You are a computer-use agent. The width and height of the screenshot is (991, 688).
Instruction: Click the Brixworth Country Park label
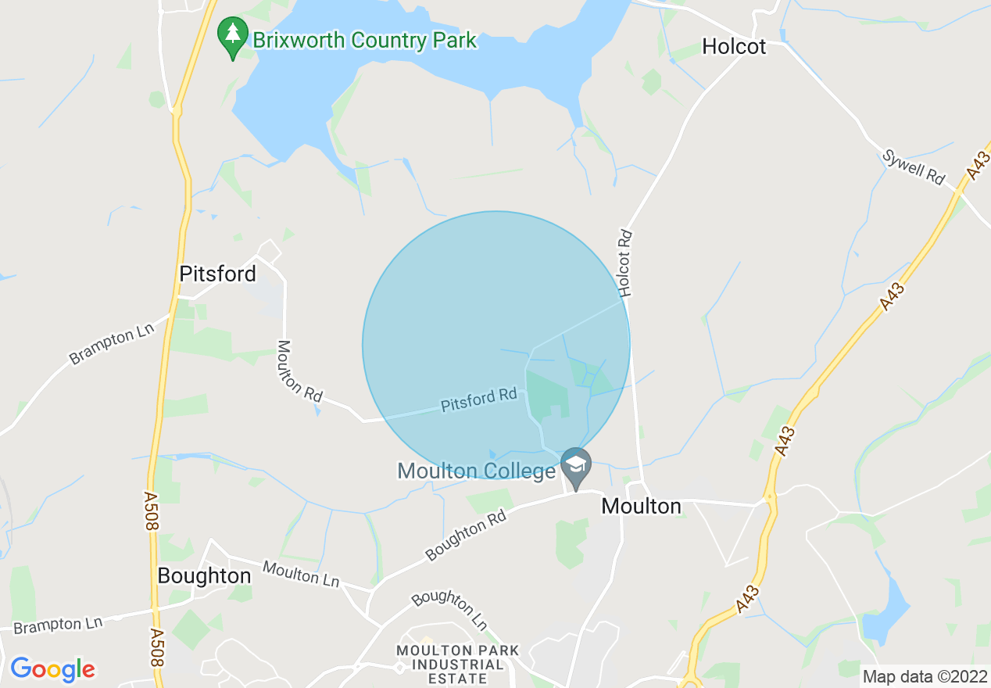tap(364, 41)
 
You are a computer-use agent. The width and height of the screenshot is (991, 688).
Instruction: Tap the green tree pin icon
tap(233, 36)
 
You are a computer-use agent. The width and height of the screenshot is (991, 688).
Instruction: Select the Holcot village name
tap(734, 47)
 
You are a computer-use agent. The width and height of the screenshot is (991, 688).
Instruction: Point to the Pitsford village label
tap(217, 274)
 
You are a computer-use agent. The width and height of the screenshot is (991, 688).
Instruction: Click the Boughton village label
tap(204, 576)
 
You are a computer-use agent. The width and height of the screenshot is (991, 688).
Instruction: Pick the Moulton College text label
tap(476, 471)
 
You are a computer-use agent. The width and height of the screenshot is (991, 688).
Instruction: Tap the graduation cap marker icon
tap(576, 465)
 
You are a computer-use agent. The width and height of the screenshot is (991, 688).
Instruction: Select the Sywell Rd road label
tap(914, 167)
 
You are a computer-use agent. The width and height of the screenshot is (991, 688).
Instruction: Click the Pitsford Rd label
tap(479, 400)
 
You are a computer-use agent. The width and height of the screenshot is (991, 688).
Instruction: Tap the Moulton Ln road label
tap(301, 573)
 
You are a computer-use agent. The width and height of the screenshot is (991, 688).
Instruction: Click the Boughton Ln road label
tap(449, 610)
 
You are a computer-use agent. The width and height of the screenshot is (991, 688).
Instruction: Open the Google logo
tap(52, 669)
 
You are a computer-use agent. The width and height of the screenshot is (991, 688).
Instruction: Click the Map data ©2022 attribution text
tap(923, 675)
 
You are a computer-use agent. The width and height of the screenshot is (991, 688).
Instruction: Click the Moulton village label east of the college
tap(641, 507)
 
